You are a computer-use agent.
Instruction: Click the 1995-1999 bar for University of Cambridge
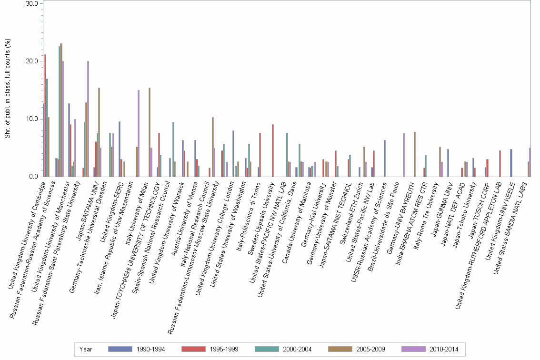coord(45,116)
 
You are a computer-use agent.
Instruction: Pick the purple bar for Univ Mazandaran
coord(139,133)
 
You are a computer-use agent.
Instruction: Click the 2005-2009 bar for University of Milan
coord(149,132)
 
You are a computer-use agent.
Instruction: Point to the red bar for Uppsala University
coord(272,150)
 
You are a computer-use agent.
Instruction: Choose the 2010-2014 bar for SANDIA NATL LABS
coord(530,162)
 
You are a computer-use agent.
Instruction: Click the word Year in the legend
coord(86,350)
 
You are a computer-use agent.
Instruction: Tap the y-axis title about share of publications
coord(7,90)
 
